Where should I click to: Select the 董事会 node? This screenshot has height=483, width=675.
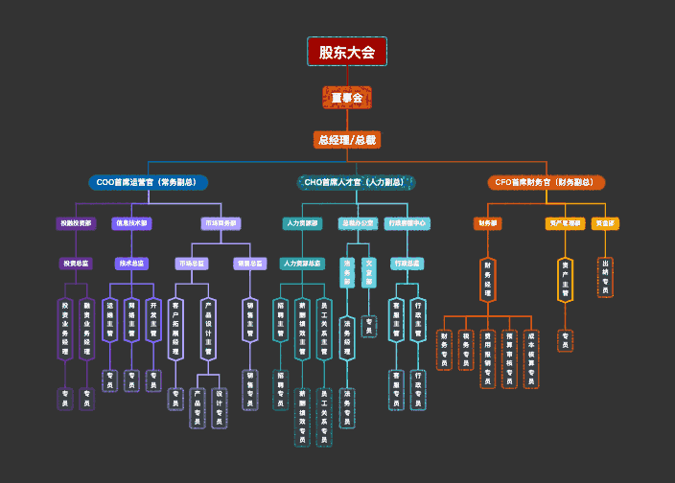click(346, 98)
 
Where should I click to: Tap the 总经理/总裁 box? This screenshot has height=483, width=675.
click(346, 140)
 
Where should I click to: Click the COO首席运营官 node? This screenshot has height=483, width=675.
click(147, 182)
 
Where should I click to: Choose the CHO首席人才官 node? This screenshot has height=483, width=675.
click(356, 182)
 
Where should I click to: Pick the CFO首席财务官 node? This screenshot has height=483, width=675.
click(546, 182)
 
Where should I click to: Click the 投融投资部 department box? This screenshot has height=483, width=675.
click(77, 223)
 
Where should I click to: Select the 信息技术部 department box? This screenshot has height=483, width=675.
click(131, 223)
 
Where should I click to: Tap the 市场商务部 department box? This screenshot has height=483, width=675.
click(221, 223)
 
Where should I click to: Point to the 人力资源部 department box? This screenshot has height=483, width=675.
click(302, 223)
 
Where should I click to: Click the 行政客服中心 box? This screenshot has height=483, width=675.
click(407, 223)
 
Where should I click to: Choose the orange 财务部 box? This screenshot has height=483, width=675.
click(488, 223)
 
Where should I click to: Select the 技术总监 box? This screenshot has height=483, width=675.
click(131, 263)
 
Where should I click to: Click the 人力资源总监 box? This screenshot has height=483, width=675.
click(302, 263)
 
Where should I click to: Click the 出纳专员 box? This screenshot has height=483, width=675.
click(605, 277)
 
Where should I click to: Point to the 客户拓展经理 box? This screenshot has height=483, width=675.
click(175, 329)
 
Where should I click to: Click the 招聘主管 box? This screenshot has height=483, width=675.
click(280, 321)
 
